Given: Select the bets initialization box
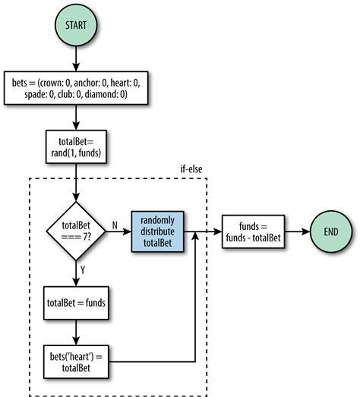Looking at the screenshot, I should (x=76, y=90).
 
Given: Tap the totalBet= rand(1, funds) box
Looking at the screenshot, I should (x=75, y=145).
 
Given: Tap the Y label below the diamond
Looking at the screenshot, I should (x=82, y=269).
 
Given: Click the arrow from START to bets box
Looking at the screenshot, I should (x=75, y=59).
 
